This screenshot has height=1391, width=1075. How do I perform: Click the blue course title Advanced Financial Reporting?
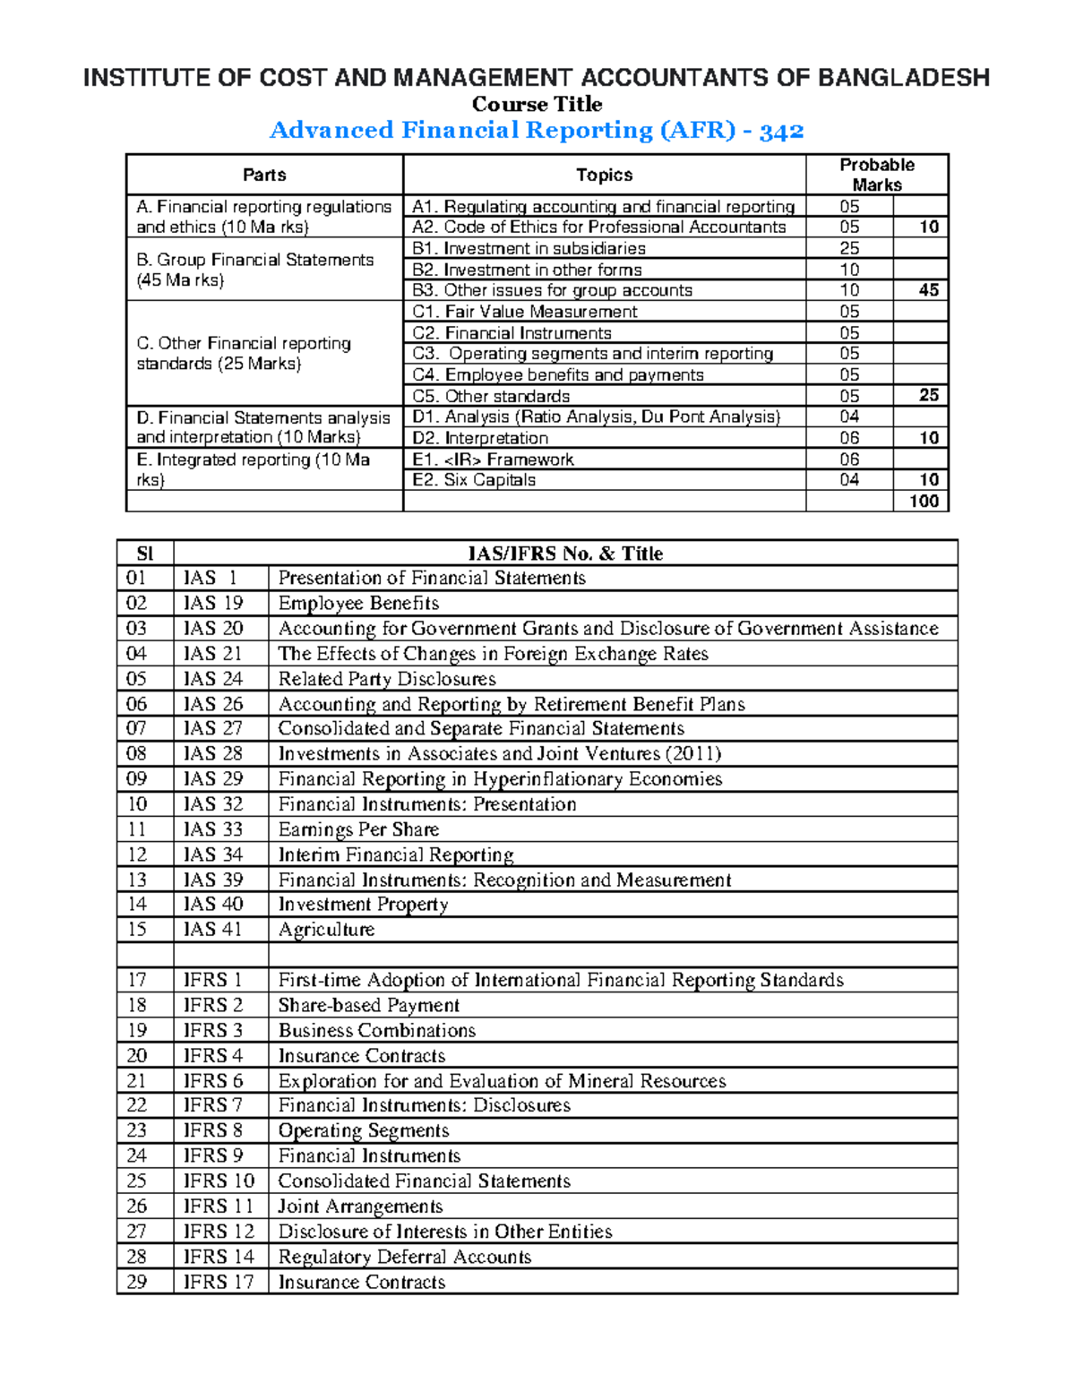tap(536, 131)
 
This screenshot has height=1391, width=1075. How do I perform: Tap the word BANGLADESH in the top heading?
tap(903, 78)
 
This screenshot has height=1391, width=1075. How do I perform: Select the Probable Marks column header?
tap(876, 175)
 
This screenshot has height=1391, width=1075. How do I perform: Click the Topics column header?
tap(604, 176)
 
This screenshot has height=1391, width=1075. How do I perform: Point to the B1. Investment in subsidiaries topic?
tap(529, 249)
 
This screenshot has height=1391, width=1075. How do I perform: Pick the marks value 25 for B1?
tap(849, 249)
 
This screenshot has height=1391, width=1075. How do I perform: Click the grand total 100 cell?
tap(923, 502)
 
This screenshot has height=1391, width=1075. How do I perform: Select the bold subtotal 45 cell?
tap(928, 290)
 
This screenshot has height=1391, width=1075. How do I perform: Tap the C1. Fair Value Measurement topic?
tap(525, 312)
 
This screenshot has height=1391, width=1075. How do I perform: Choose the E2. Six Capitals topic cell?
tap(474, 480)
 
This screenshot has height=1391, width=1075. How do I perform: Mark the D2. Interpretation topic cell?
tap(480, 438)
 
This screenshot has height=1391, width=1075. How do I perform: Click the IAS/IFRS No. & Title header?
tap(565, 554)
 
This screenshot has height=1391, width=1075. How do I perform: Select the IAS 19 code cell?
tap(213, 604)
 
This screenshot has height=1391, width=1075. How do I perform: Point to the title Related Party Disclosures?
tap(387, 679)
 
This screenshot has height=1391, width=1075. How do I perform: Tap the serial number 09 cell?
tap(137, 779)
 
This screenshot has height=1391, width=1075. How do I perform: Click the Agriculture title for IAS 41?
tap(326, 930)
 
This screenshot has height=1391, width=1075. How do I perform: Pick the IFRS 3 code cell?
tap(213, 1031)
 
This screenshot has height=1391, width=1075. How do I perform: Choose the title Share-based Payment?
tap(369, 1006)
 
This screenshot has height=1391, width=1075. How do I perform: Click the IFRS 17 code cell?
tap(219, 1283)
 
